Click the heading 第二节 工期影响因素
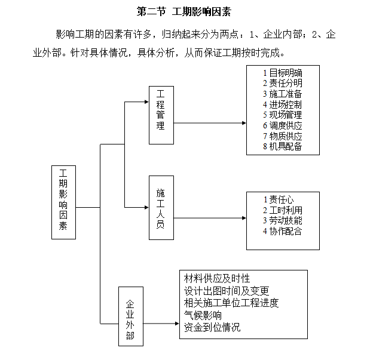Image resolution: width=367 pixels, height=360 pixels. (183, 12)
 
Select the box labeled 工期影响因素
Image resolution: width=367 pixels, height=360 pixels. (64, 202)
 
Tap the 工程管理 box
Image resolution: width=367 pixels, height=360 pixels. (161, 115)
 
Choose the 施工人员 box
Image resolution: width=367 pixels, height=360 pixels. (161, 208)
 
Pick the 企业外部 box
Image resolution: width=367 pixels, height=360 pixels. (131, 316)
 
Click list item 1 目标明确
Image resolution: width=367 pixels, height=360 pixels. (283, 73)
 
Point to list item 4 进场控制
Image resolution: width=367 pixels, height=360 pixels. (282, 104)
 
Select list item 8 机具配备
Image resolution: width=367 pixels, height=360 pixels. (283, 146)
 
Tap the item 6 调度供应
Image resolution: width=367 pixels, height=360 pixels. (283, 125)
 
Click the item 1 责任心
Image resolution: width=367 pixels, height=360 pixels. (279, 199)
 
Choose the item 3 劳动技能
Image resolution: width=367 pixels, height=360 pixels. (283, 220)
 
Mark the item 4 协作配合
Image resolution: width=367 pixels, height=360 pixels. (282, 231)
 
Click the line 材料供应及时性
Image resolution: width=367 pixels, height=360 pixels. (217, 278)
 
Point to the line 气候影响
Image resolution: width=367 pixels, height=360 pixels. (203, 315)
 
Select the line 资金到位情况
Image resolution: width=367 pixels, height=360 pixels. (212, 327)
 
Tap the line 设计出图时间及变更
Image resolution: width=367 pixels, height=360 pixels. (227, 291)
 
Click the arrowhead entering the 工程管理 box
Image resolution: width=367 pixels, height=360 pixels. (147, 102)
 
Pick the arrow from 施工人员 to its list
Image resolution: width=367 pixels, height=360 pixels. (210, 218)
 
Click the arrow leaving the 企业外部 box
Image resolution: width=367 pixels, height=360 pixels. (161, 324)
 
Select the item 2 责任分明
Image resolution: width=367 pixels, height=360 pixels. (283, 83)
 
